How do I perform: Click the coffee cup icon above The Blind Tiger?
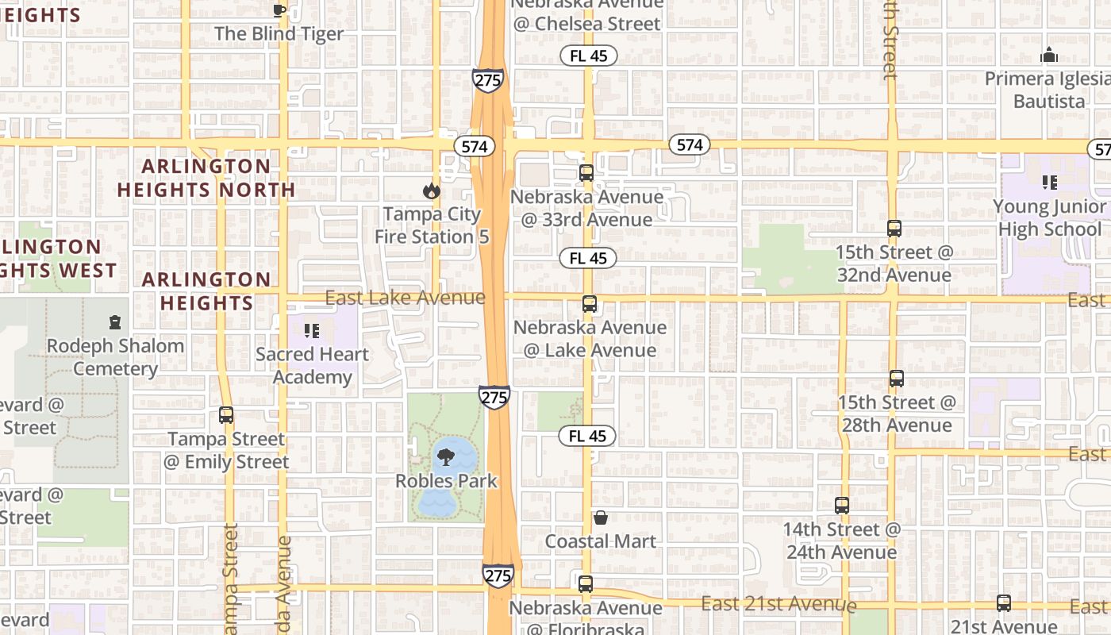(279, 10)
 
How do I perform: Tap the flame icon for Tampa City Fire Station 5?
(431, 190)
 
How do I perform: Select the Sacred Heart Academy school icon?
(311, 330)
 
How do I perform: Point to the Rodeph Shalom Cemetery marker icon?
(116, 322)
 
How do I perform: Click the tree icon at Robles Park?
(445, 456)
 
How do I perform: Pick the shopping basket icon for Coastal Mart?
(601, 518)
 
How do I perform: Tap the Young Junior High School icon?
(1050, 183)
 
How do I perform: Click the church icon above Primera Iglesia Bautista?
(1049, 56)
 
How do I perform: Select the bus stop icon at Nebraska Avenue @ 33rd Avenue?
(586, 173)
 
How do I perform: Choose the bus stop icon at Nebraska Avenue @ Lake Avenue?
(589, 304)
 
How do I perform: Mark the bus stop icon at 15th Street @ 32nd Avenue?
(894, 229)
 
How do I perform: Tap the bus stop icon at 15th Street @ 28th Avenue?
(897, 379)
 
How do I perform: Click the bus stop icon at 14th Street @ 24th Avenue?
(842, 506)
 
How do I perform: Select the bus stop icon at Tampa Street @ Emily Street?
(226, 415)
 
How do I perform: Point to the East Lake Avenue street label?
(406, 298)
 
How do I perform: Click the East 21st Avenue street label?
(778, 604)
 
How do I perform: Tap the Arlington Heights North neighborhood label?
(206, 178)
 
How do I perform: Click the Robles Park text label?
(447, 481)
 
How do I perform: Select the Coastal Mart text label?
(601, 541)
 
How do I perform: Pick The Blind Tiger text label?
(279, 34)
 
